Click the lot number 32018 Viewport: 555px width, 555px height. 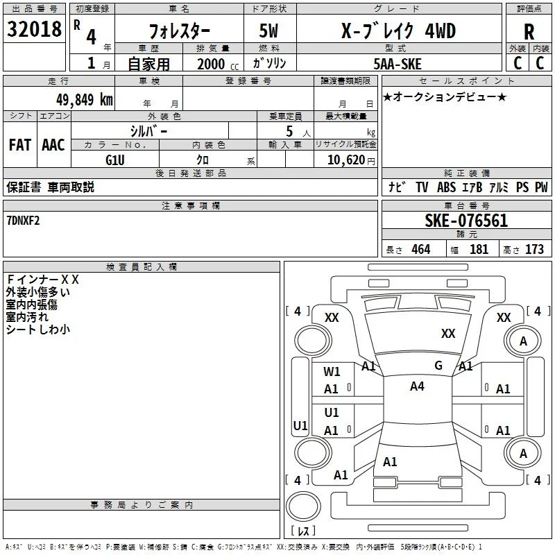pyautogui.click(x=34, y=29)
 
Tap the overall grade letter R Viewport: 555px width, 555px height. pyautogui.click(x=529, y=32)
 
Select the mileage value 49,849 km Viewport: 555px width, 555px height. pyautogui.click(x=84, y=100)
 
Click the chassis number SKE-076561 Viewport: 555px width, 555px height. pyautogui.click(x=466, y=221)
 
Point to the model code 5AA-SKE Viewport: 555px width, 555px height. pyautogui.click(x=398, y=64)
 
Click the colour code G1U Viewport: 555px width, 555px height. pyautogui.click(x=115, y=160)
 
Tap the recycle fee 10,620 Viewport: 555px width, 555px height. pyautogui.click(x=345, y=160)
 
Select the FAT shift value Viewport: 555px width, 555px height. pyautogui.click(x=20, y=145)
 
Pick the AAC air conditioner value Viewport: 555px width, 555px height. pyautogui.click(x=53, y=145)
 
